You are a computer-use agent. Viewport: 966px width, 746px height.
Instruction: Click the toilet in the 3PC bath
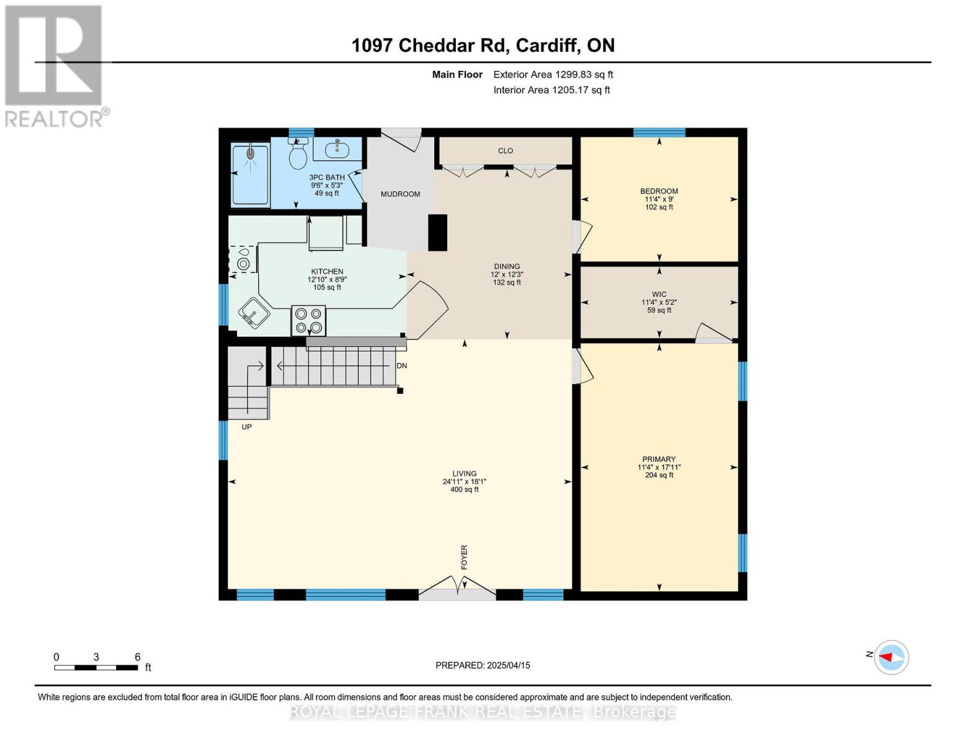(299, 155)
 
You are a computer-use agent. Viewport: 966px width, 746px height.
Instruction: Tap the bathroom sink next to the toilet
(337, 149)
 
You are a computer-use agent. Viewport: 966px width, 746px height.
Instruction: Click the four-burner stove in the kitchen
(309, 321)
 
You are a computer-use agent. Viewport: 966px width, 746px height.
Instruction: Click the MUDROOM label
(400, 194)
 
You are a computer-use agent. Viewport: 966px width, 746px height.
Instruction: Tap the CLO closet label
(505, 150)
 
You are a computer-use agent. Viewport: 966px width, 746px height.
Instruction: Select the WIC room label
(659, 295)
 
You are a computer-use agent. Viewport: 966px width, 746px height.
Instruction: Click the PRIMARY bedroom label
(659, 459)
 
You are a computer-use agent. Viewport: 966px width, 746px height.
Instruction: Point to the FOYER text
(464, 557)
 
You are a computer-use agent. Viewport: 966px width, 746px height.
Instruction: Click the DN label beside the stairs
(402, 366)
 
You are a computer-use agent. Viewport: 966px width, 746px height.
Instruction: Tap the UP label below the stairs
(246, 427)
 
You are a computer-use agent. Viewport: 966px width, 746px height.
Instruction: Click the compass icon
(891, 657)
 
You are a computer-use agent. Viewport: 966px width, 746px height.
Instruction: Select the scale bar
(96, 667)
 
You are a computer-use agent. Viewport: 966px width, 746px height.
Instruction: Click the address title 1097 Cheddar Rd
(483, 45)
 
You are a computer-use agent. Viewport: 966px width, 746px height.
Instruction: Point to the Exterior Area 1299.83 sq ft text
(553, 75)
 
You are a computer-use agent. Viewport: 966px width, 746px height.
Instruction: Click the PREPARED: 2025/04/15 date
(483, 665)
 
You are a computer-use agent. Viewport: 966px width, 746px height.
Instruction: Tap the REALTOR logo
(55, 65)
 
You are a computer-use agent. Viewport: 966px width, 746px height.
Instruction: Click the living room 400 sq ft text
(464, 490)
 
